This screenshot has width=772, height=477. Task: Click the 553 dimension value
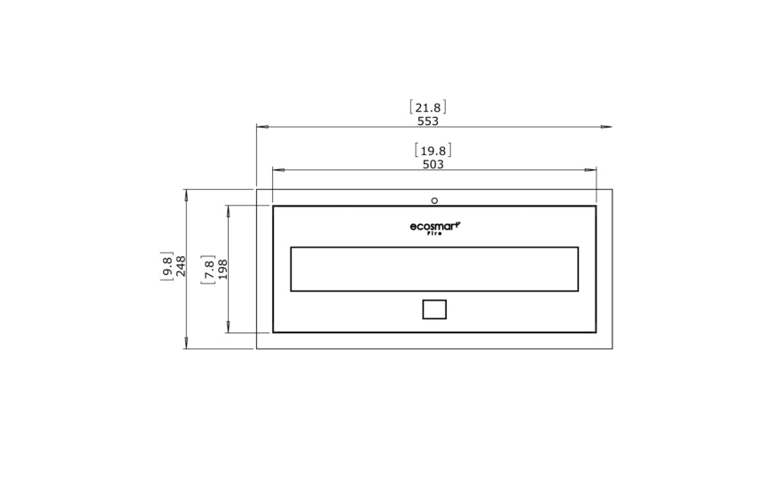428,121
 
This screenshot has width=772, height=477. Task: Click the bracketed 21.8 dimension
428,107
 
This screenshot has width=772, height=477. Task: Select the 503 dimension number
433,164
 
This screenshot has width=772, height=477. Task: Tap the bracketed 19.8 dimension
433,151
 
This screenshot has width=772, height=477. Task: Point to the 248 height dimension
182,267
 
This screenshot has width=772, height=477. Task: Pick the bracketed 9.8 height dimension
167,267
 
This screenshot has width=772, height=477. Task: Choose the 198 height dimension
223,269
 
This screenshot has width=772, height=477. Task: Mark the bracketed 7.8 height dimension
208,269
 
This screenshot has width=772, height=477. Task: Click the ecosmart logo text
434,228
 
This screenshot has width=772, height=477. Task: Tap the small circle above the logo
434,200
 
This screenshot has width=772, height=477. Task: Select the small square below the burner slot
434,309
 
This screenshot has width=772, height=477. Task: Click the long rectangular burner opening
434,269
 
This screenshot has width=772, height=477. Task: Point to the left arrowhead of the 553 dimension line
262,127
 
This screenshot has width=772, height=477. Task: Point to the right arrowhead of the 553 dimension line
606,127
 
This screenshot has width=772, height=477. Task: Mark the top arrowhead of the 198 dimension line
229,211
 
